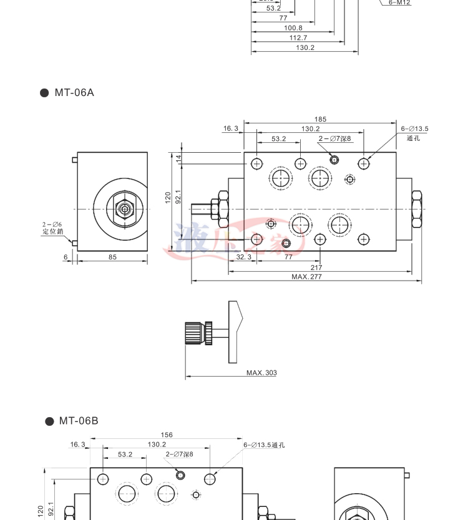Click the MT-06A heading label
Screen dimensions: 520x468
pos(74,93)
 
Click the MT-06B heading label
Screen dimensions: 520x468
pos(79,421)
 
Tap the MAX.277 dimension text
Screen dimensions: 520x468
pos(306,276)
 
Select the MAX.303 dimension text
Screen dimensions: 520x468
pos(261,373)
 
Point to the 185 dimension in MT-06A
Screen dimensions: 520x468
pos(320,119)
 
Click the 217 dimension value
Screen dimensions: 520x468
pos(316,267)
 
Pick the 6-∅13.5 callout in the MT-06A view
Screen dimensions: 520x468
pos(414,129)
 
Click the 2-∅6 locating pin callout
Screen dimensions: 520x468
pos(52,228)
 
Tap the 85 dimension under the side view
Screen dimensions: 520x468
pos(112,256)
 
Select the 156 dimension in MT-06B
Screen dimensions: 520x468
pos(167,435)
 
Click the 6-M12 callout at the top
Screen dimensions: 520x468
pos(400,2)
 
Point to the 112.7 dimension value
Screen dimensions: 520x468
pos(298,37)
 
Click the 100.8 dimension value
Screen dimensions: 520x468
pos(293,27)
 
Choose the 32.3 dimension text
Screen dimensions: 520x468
pos(227,256)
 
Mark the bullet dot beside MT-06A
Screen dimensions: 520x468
pos(44,94)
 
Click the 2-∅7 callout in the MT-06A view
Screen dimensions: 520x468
pos(335,138)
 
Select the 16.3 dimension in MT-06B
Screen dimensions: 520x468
pos(77,445)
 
